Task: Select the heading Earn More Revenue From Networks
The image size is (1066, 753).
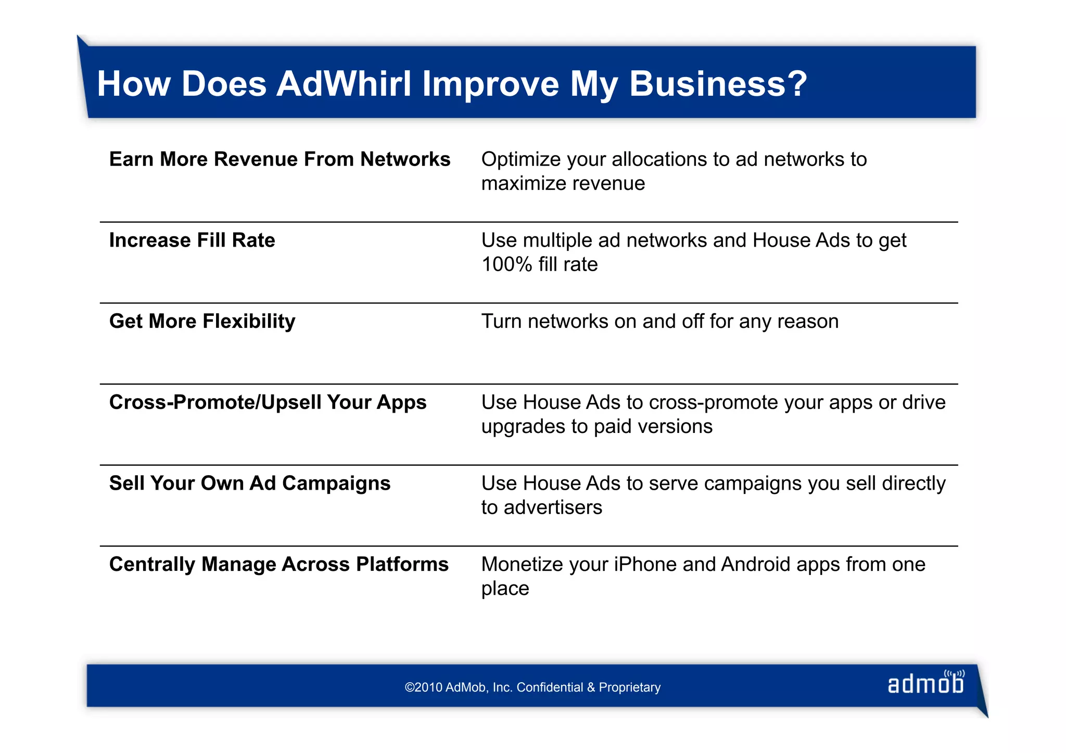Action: [280, 159]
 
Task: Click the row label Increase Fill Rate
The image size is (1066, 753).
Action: [192, 240]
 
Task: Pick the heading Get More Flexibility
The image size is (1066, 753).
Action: [202, 322]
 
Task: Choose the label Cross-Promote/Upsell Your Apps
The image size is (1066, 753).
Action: [268, 402]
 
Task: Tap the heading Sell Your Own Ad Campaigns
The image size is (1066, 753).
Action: [250, 483]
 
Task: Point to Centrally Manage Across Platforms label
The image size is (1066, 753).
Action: [278, 565]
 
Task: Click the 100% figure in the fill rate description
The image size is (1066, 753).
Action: [506, 264]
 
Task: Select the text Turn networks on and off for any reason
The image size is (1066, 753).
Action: [659, 322]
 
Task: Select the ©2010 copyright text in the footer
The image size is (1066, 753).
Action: [532, 687]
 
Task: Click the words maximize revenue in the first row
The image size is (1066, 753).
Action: [563, 184]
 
